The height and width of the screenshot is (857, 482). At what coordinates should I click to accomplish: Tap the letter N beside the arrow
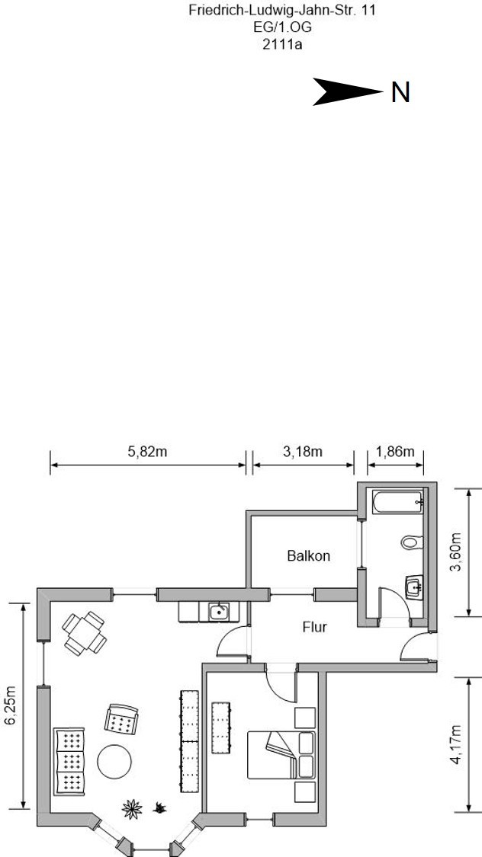(400, 92)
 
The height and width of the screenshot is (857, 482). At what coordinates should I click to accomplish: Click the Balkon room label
(309, 556)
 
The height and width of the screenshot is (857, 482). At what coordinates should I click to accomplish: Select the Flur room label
(314, 627)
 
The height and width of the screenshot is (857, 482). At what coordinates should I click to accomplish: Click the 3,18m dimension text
(303, 452)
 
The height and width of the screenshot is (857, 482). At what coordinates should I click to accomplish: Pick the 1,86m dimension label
(395, 452)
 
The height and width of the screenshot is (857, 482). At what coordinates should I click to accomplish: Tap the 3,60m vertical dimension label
(455, 552)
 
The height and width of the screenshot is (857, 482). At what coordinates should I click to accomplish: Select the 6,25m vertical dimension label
(11, 705)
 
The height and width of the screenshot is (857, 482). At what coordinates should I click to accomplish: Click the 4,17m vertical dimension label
(455, 744)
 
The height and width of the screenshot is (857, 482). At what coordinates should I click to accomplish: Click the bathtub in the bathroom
(398, 502)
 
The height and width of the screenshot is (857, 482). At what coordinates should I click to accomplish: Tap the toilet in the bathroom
(412, 542)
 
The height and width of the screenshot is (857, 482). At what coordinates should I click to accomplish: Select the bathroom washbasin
(414, 587)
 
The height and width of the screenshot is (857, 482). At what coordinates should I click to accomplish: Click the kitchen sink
(219, 612)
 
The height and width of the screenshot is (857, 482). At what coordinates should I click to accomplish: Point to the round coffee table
(114, 761)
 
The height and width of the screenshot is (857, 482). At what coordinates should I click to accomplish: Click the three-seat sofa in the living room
(69, 761)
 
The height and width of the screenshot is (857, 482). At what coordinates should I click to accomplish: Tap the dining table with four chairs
(84, 634)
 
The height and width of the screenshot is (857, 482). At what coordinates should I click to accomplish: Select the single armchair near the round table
(121, 719)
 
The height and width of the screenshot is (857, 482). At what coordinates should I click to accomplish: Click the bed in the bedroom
(281, 755)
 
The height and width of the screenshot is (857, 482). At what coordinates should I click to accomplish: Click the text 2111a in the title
(282, 44)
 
